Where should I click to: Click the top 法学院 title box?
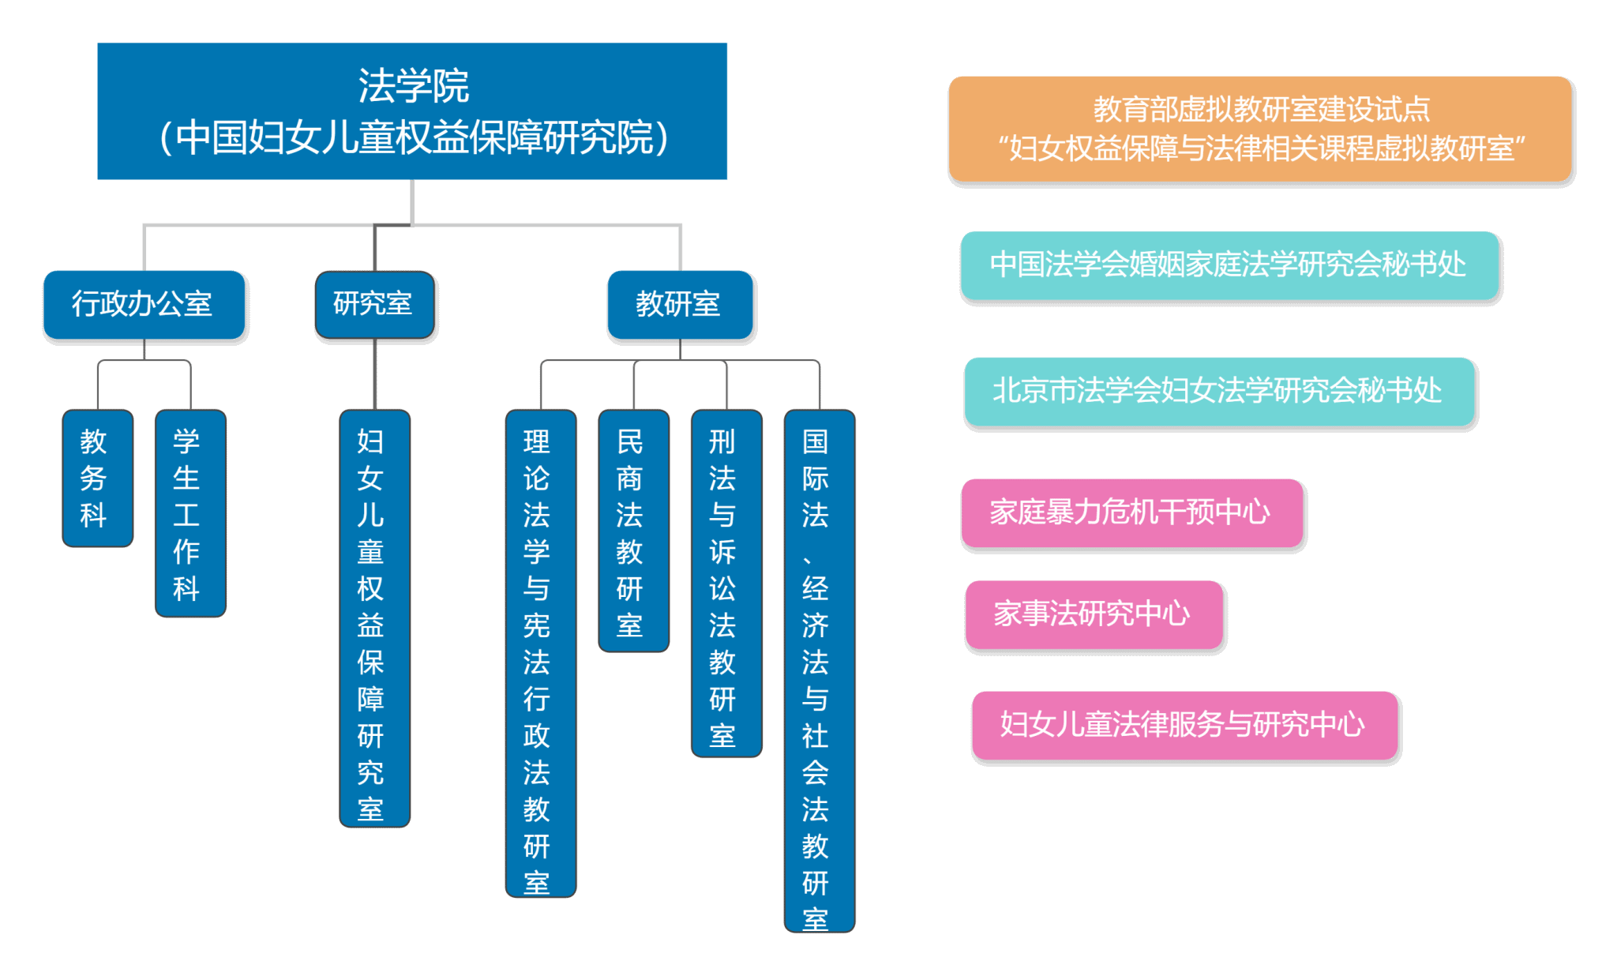[411, 111]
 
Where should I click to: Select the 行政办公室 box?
[144, 304]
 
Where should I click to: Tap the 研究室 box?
[374, 304]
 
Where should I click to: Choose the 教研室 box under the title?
[680, 304]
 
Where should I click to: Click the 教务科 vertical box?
[97, 478]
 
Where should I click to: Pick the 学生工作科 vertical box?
[190, 513]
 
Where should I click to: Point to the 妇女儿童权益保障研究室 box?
[374, 618]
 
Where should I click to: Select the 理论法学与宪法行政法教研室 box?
[541, 653]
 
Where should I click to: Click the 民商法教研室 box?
[633, 531]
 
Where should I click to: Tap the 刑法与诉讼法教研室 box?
[726, 584]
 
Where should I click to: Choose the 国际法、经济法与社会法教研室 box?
[820, 670]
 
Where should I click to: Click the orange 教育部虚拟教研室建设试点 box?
[1260, 129]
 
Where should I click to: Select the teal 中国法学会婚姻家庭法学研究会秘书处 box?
[1229, 265]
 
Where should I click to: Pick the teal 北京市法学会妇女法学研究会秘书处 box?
[1219, 392]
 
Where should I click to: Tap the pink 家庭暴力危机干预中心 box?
[1131, 513]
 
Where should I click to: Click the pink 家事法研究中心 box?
[1094, 614]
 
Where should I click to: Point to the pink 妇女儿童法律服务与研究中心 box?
[1184, 725]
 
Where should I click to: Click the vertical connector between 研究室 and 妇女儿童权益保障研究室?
[375, 374]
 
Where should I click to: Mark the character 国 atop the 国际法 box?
[815, 441]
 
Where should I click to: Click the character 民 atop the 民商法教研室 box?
[629, 441]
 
